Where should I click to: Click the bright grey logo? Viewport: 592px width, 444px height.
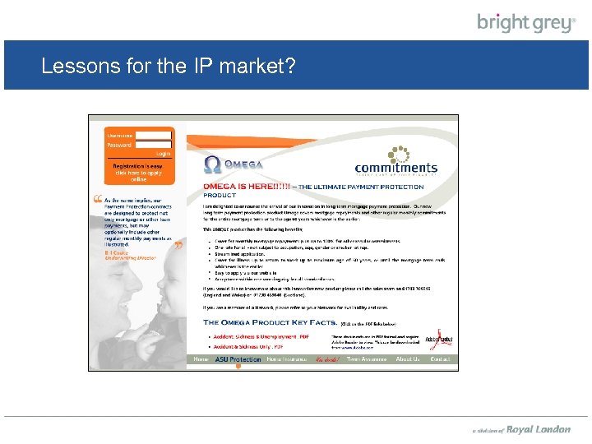tap(526, 22)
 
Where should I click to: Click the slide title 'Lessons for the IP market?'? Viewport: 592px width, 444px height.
tap(169, 67)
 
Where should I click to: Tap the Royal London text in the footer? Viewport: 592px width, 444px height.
tap(538, 429)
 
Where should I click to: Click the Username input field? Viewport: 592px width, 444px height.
tap(153, 135)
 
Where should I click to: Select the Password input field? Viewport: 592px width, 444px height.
tap(153, 145)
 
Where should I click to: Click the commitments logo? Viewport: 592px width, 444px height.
tap(396, 161)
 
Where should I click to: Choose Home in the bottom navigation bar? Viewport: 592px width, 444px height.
tap(201, 359)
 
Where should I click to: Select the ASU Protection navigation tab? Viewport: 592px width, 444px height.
tap(238, 359)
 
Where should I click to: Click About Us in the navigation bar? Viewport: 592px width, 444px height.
tap(407, 359)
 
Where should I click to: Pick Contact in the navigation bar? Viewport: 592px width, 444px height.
tap(441, 359)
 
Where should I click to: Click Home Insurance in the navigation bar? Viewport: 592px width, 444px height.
tap(285, 359)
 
